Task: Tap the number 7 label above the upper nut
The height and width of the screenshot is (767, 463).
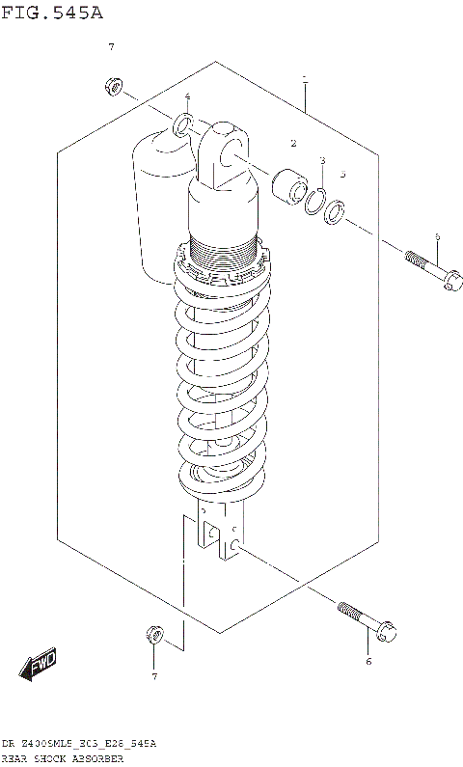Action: click(111, 47)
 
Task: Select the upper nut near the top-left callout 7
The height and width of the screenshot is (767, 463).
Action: click(112, 89)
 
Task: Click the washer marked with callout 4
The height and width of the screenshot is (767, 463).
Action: click(183, 124)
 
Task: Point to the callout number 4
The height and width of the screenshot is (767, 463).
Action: click(187, 97)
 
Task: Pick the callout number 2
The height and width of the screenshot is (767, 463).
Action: click(292, 143)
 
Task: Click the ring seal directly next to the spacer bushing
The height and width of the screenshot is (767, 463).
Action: click(313, 200)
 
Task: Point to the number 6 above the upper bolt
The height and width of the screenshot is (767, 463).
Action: click(437, 236)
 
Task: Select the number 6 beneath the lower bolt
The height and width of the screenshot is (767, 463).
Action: click(368, 662)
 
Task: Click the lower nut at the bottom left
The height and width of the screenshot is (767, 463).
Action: click(153, 634)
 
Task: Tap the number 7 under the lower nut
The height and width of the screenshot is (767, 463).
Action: click(153, 675)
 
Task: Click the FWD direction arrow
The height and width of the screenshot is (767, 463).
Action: click(39, 667)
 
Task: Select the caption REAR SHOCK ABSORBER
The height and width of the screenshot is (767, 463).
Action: click(63, 759)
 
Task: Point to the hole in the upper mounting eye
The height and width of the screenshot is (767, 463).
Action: click(228, 146)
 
